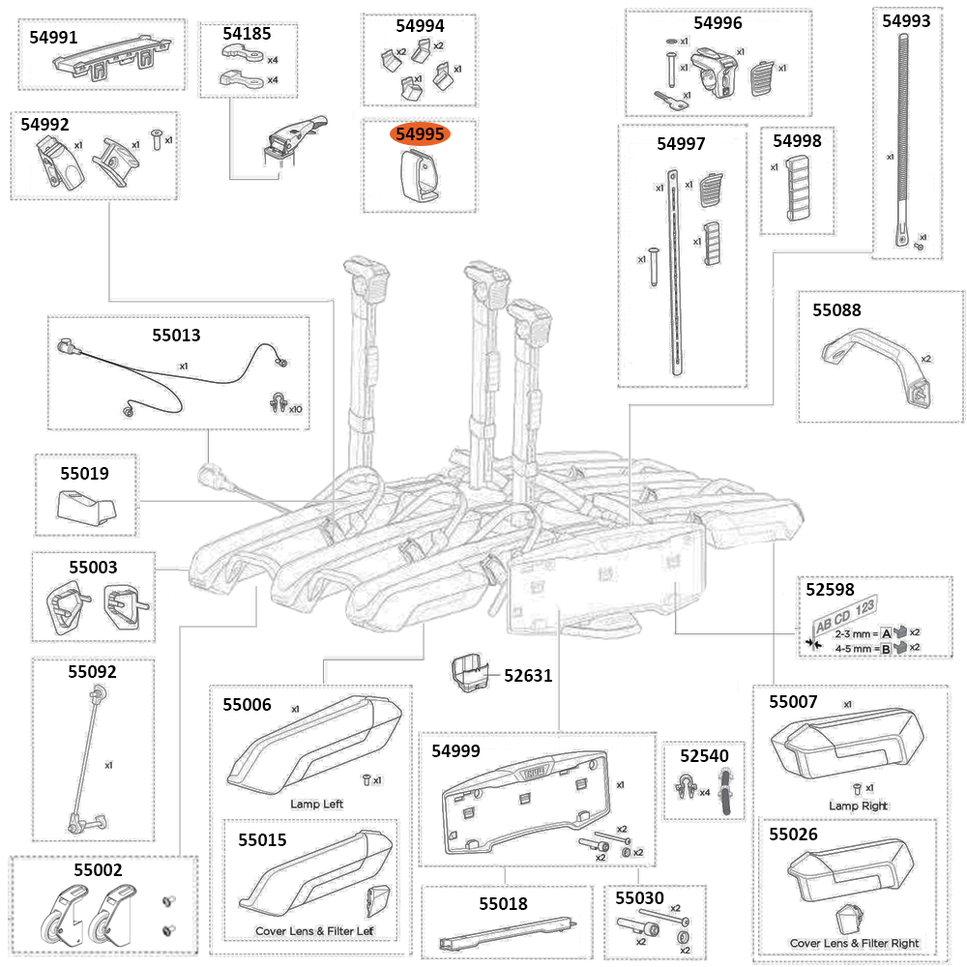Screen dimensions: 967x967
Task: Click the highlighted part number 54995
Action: (x=419, y=135)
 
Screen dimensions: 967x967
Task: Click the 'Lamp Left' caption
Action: (x=316, y=805)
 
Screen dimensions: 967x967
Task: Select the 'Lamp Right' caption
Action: (x=858, y=806)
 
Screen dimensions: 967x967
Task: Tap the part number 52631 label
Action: (x=528, y=676)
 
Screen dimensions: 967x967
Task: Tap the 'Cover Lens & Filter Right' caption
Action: (x=854, y=943)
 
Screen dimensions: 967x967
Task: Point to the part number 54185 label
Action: (x=248, y=34)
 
